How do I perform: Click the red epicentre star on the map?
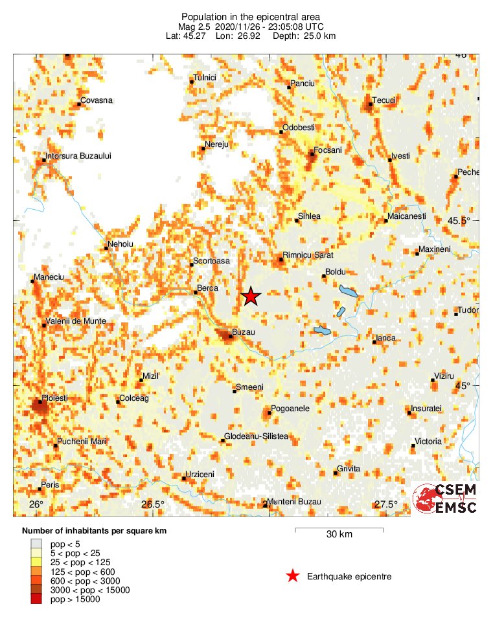point(251,297)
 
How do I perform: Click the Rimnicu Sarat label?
point(308,255)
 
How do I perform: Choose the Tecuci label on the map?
point(384,100)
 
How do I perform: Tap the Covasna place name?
point(97,100)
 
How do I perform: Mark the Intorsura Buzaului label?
point(79,156)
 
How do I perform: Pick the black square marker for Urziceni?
point(184,478)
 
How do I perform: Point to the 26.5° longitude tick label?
point(153,505)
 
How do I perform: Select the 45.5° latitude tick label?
point(459,221)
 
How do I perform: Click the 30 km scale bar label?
point(339,535)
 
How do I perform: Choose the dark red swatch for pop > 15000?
point(36,600)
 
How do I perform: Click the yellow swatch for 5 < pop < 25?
point(36,554)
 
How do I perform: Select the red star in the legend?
point(293,576)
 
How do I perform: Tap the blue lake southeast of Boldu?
point(349,293)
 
